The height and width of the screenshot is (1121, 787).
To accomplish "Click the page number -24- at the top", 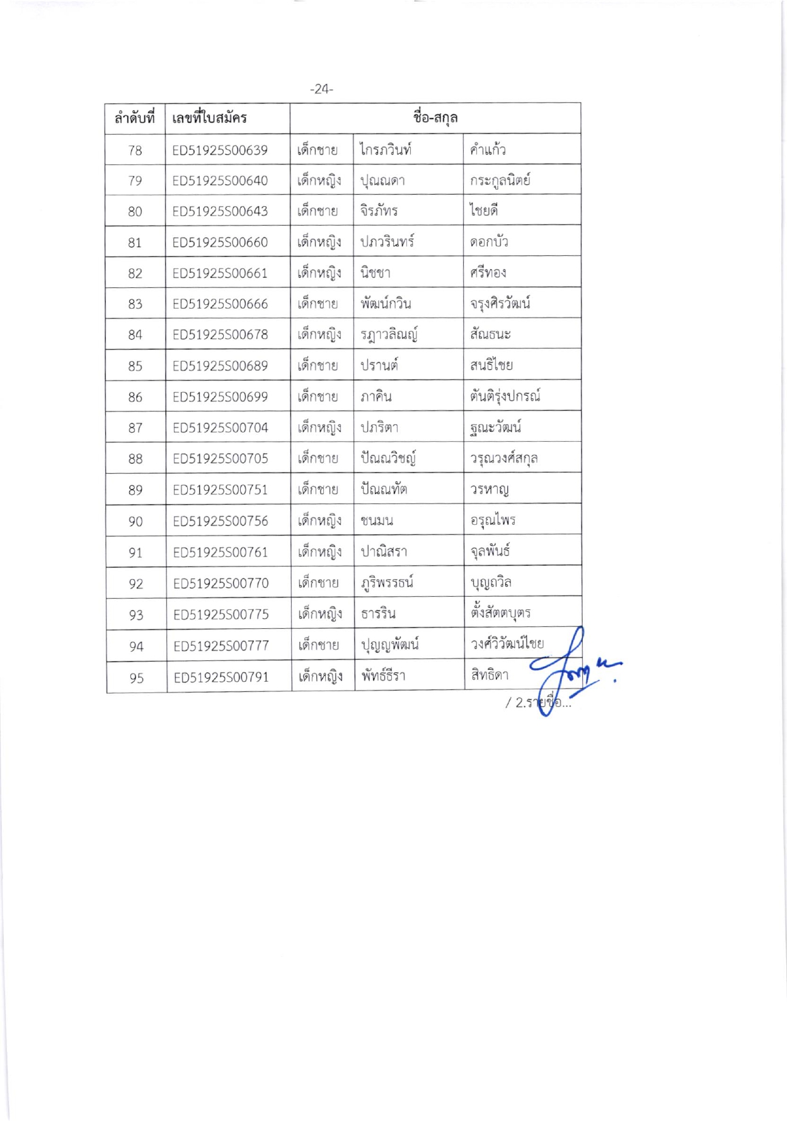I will pyautogui.click(x=321, y=89).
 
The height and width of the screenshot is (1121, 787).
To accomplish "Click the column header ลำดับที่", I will pyautogui.click(x=135, y=118).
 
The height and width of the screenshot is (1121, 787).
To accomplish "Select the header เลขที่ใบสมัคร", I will pyautogui.click(x=209, y=118).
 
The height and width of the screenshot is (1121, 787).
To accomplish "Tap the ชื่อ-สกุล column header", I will pyautogui.click(x=435, y=117).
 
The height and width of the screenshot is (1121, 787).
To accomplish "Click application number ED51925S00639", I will pyautogui.click(x=220, y=150).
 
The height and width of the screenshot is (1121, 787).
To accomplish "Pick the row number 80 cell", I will pyautogui.click(x=135, y=212).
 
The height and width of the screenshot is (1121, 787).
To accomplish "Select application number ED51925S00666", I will pyautogui.click(x=220, y=304).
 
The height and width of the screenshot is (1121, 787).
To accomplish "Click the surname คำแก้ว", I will pyautogui.click(x=488, y=149).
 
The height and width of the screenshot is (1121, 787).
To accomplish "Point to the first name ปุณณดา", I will pyautogui.click(x=382, y=181).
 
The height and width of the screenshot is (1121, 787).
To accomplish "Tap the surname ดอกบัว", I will pyautogui.click(x=489, y=242).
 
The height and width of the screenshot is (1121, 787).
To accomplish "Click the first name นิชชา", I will pyautogui.click(x=376, y=273).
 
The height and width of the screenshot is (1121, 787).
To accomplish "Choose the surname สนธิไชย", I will pyautogui.click(x=491, y=365).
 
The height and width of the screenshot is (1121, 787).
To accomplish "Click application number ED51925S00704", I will pyautogui.click(x=221, y=428).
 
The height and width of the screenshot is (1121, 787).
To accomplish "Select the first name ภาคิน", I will pyautogui.click(x=376, y=396).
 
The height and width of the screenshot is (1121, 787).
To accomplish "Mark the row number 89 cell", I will pyautogui.click(x=135, y=490).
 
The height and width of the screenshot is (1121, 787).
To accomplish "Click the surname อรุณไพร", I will pyautogui.click(x=493, y=520).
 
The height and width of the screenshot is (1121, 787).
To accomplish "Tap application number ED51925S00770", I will pyautogui.click(x=221, y=583).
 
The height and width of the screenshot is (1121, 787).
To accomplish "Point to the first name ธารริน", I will pyautogui.click(x=378, y=614).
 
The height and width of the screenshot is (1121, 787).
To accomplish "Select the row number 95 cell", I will pyautogui.click(x=137, y=678).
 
